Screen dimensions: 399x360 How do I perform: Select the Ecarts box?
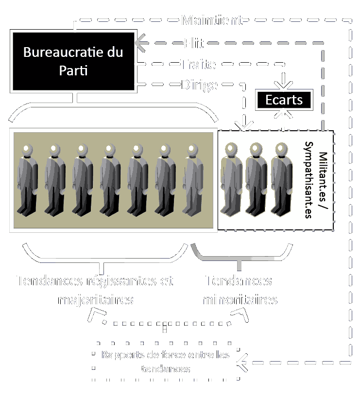coord(284,100)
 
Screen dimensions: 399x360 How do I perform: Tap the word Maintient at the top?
coord(212,20)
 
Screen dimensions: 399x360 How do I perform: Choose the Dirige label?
coord(199,85)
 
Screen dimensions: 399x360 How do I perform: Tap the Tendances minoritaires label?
coord(239,290)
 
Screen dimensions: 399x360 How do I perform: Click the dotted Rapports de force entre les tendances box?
coord(164,362)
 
